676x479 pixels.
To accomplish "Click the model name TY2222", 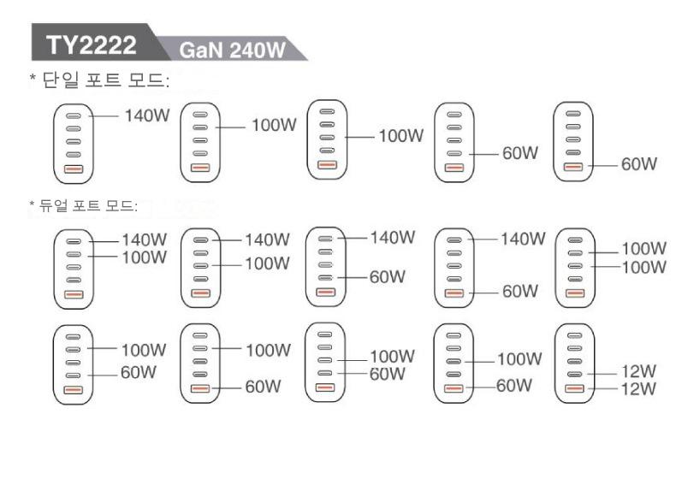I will point(90,45).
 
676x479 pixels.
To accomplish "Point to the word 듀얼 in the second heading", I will point(51,206).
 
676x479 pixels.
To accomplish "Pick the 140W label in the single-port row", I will point(147,115).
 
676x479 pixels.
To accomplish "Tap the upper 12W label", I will point(637,374).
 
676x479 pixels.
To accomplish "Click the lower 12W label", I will point(637,389).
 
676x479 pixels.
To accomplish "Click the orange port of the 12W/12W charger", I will point(574,389).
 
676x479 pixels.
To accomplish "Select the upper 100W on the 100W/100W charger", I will point(643,249).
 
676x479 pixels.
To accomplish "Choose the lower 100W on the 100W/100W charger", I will point(643,267).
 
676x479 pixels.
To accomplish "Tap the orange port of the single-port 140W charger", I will point(73,169).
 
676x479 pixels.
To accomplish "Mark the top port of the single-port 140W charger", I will point(73,116).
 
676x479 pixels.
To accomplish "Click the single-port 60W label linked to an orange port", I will point(638,163).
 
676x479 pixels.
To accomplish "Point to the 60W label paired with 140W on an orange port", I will point(519,292).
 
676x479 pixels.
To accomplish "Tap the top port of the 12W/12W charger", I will point(574,334).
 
